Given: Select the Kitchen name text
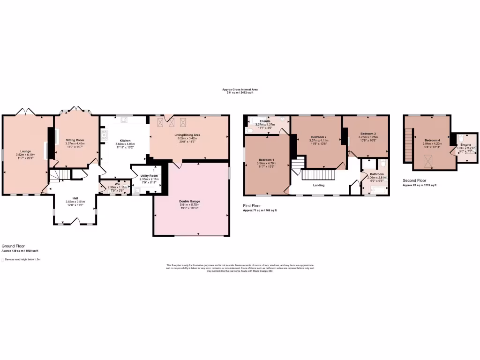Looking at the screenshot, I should point(125,141).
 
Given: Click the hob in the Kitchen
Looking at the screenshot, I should point(104,135).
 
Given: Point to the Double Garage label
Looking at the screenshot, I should point(190,201).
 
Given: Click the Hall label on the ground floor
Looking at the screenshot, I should point(75,198).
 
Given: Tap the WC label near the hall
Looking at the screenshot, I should point(118,184).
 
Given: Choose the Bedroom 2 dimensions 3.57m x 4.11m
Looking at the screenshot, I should point(317,141).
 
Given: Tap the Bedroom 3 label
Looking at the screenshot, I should point(368,134).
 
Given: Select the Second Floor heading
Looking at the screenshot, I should point(415,180).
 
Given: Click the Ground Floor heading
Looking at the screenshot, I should point(13,246).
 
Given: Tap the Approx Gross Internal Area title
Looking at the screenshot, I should point(240,89).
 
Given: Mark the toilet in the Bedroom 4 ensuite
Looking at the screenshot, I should point(461,139).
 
